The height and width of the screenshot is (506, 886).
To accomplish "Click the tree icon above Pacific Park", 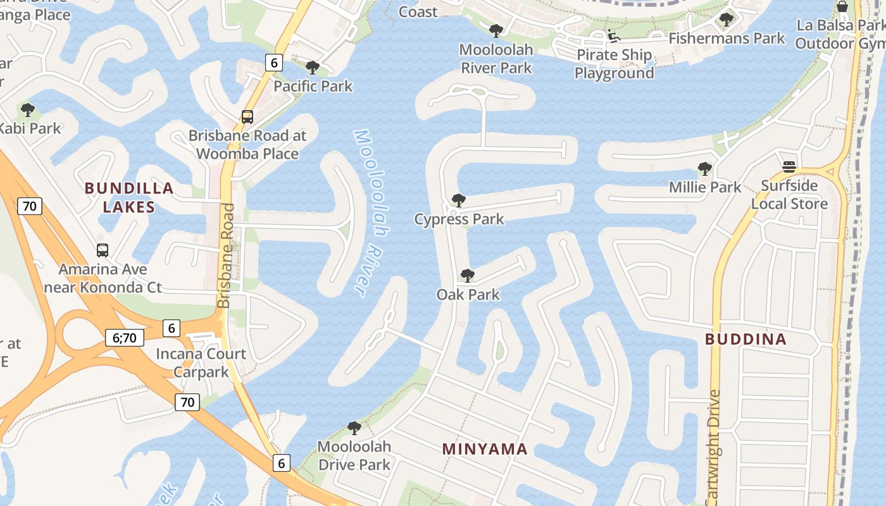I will click(x=312, y=68).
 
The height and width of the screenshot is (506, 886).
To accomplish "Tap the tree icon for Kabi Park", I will click(x=27, y=110).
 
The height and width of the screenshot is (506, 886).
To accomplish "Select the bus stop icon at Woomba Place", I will click(x=247, y=117).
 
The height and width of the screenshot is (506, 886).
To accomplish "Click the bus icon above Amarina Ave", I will click(x=103, y=250).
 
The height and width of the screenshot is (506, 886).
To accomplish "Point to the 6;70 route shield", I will click(x=125, y=338).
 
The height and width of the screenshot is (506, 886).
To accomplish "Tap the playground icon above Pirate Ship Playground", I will click(x=613, y=35).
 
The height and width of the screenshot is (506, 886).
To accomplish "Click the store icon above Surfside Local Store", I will click(x=789, y=167).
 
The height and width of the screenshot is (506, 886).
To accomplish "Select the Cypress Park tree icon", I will click(x=459, y=201).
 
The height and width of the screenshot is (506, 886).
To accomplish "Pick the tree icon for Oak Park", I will click(x=468, y=276).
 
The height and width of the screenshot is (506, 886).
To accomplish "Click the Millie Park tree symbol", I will click(x=704, y=169).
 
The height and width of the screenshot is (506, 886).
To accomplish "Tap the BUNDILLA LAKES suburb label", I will click(x=129, y=197).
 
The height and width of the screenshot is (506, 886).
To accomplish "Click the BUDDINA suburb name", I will click(x=746, y=339).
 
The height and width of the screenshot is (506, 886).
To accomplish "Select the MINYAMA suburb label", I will click(x=485, y=449).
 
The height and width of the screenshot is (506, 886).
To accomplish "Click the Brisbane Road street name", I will click(x=226, y=256).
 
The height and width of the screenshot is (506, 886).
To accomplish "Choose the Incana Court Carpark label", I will click(x=201, y=362).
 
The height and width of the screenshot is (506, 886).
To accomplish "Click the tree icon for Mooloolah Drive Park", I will click(x=354, y=428).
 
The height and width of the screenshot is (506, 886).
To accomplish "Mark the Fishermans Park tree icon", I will click(x=727, y=20).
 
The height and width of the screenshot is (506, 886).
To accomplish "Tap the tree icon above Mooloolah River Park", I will click(x=496, y=31).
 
